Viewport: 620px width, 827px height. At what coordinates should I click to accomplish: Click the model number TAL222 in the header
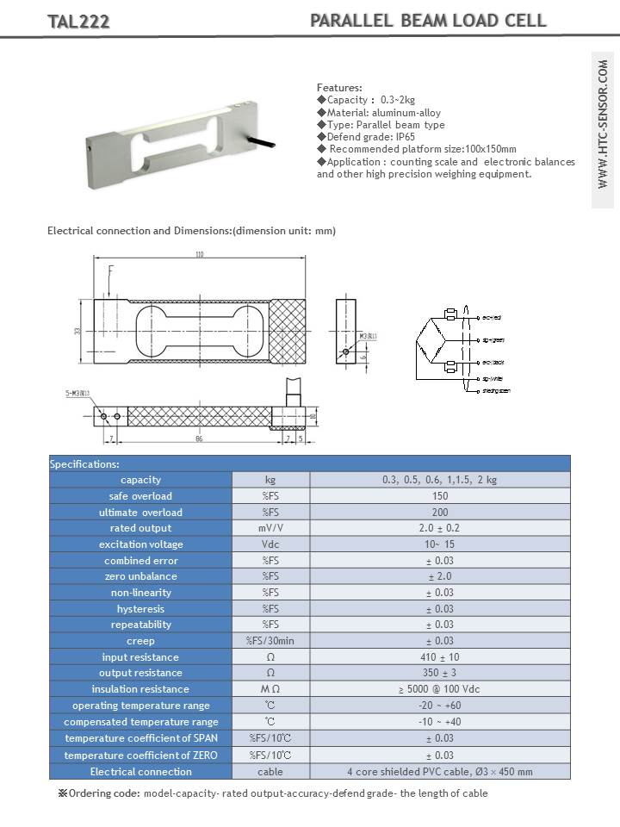(x=78, y=22)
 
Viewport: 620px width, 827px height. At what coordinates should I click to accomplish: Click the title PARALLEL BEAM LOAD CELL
(x=428, y=21)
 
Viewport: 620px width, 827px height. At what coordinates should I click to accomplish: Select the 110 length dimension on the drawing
(x=201, y=255)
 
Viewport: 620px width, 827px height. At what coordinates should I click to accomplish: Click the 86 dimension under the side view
(x=200, y=438)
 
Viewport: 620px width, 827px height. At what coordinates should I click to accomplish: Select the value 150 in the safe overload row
(x=439, y=496)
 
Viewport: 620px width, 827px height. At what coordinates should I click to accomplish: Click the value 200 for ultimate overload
(x=439, y=513)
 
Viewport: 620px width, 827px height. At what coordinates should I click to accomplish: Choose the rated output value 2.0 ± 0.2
(x=439, y=528)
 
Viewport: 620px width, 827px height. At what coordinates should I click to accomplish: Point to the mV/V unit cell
(x=270, y=528)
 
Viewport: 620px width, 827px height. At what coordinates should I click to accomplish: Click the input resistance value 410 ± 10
(x=439, y=657)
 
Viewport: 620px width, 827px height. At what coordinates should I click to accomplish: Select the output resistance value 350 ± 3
(x=439, y=673)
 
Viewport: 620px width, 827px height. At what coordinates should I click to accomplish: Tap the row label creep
(x=140, y=641)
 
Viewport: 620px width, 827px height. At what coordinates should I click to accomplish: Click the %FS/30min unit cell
(x=270, y=641)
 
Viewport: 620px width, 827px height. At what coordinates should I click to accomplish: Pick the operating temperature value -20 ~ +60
(x=439, y=706)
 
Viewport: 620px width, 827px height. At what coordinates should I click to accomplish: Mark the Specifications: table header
(x=84, y=464)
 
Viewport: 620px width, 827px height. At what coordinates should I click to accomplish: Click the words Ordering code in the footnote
(x=104, y=793)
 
